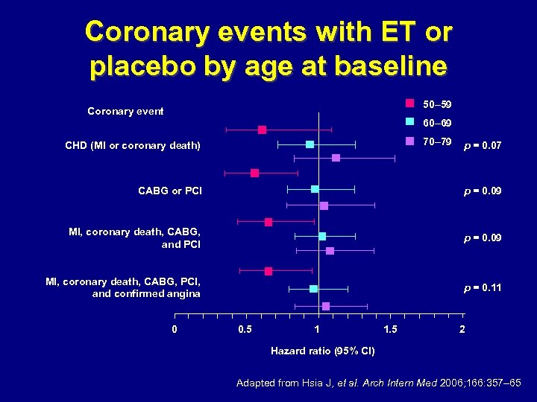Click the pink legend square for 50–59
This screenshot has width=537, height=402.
click(x=409, y=103)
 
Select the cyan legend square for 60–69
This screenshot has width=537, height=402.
click(x=409, y=122)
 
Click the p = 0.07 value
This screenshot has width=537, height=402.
click(x=482, y=147)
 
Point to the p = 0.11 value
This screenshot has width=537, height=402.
click(x=482, y=287)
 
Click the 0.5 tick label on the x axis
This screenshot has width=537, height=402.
click(x=245, y=329)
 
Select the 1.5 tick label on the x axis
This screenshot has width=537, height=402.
click(x=390, y=329)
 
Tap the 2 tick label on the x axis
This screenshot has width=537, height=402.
click(x=462, y=329)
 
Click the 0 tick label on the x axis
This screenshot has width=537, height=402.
click(x=175, y=329)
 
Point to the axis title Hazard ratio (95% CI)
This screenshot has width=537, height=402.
click(x=322, y=351)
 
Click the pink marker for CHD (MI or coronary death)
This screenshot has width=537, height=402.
click(x=262, y=130)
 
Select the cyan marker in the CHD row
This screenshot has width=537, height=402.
click(x=310, y=144)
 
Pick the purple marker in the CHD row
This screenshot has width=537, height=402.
click(x=336, y=158)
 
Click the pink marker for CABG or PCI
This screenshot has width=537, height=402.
click(x=255, y=173)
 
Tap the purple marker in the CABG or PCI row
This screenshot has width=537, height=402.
click(x=324, y=205)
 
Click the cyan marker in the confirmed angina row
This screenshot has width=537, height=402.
click(x=313, y=288)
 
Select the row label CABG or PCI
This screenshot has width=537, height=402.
click(x=170, y=191)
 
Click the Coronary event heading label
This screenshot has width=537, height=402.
click(x=125, y=112)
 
